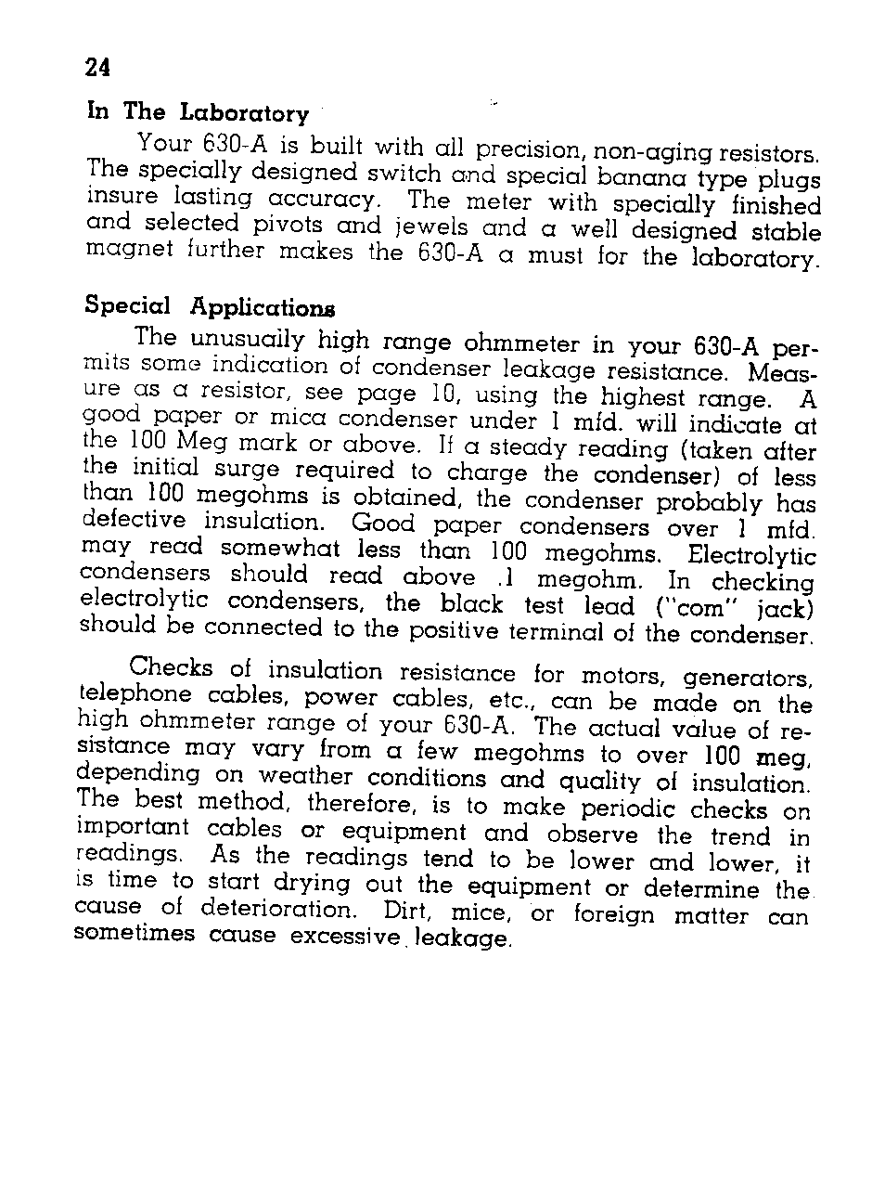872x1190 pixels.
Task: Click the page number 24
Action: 98,68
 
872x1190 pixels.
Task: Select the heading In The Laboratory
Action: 197,113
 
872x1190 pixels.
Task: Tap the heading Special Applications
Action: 210,307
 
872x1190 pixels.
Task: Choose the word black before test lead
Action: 474,604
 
